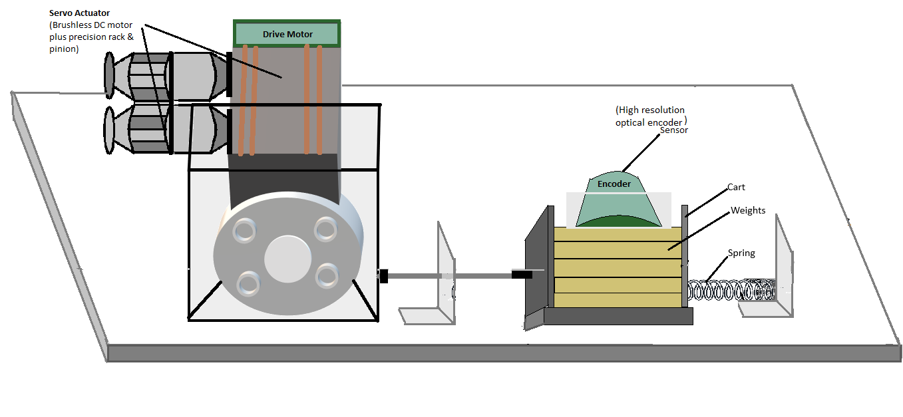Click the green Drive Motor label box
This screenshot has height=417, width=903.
(287, 34)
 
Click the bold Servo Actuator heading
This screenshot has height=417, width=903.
(80, 13)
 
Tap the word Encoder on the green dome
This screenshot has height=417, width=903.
(614, 184)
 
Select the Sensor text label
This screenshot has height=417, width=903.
(673, 130)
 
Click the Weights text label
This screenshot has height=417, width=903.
(748, 211)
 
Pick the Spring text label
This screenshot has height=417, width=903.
(741, 253)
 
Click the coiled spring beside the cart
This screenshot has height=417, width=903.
(732, 291)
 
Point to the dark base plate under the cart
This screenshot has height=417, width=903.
(618, 316)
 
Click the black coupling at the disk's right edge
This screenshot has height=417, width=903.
(383, 275)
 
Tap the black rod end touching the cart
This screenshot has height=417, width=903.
(522, 274)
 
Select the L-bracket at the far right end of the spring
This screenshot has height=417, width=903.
(783, 273)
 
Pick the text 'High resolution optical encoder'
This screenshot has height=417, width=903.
(650, 116)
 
